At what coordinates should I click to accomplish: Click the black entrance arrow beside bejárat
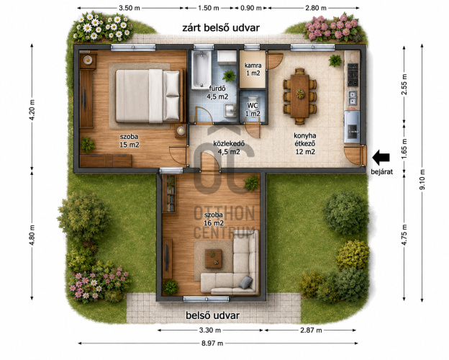(381, 158)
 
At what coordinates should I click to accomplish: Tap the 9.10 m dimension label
(422, 179)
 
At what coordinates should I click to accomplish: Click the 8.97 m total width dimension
(212, 343)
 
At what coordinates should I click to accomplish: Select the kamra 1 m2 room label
(253, 69)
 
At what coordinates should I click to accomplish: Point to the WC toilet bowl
(253, 100)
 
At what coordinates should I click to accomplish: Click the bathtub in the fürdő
(201, 70)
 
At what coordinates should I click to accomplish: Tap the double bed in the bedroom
(149, 96)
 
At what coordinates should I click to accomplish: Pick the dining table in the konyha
(300, 96)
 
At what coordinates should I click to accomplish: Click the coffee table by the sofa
(213, 258)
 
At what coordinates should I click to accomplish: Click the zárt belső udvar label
(221, 28)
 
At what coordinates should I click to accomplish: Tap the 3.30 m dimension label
(210, 330)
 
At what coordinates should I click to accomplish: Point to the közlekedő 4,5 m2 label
(229, 148)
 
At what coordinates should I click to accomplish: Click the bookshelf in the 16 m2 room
(169, 194)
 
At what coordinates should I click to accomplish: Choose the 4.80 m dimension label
(32, 235)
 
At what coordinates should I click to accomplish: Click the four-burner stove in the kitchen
(353, 75)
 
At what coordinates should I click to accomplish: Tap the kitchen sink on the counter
(352, 98)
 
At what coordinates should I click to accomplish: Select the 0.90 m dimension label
(251, 8)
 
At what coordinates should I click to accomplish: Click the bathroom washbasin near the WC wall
(230, 110)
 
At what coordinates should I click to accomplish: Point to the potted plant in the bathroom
(229, 76)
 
